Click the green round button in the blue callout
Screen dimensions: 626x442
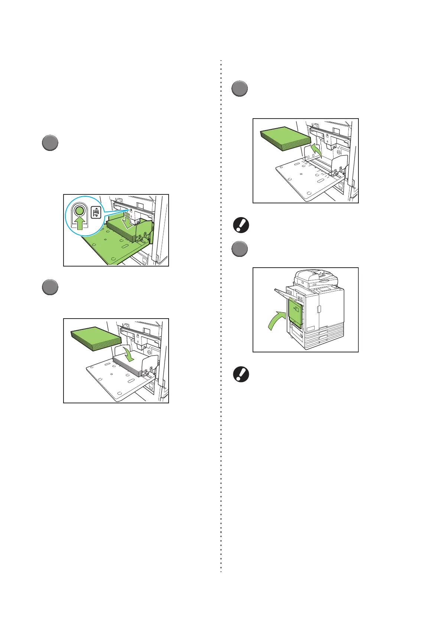79,211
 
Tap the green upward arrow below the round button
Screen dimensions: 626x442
79,224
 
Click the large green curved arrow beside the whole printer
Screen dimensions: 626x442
276,321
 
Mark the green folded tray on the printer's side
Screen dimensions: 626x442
295,313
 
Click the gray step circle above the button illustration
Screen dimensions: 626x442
49,143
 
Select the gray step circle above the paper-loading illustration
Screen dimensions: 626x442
49,287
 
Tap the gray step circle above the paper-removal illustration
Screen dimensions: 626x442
240,89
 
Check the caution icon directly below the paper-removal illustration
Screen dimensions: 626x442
240,225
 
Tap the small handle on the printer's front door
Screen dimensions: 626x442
319,309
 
